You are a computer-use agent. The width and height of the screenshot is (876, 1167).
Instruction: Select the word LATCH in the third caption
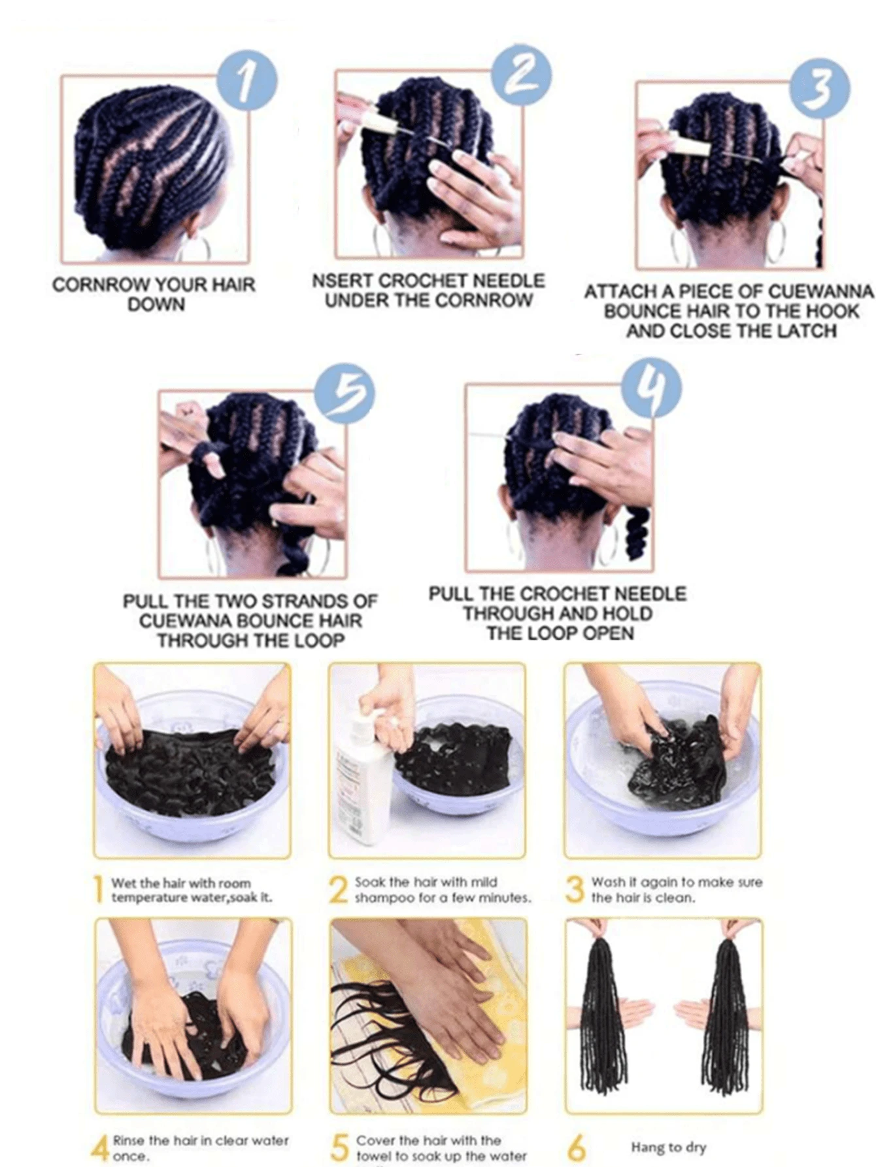click(805, 331)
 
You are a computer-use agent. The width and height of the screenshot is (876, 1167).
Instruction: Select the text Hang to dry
click(668, 1147)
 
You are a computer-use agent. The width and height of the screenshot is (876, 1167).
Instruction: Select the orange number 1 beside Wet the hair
click(99, 889)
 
